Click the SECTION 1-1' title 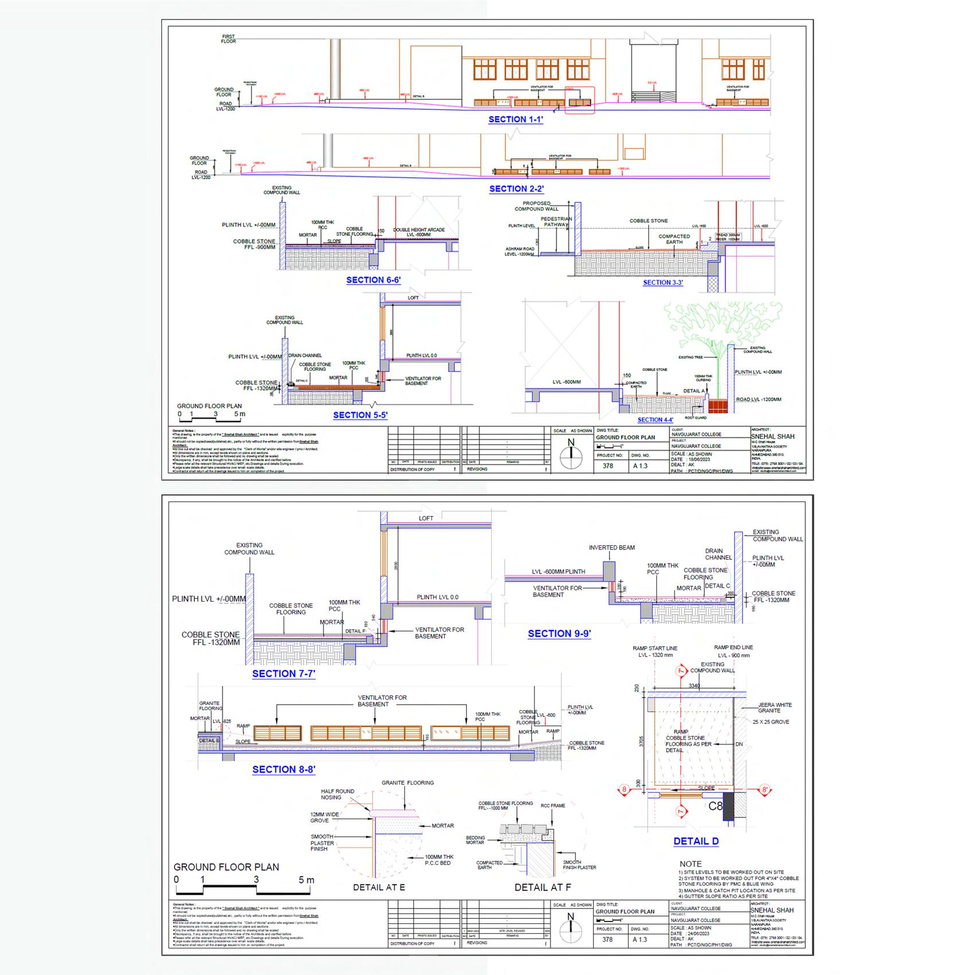click(x=516, y=120)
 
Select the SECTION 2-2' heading click(x=516, y=189)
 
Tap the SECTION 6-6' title click(x=373, y=280)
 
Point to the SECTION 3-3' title click(x=662, y=283)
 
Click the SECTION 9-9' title click(x=559, y=634)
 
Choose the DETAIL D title click(x=696, y=841)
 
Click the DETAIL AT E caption click(x=379, y=887)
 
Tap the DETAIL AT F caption click(x=543, y=887)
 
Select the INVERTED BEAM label click(x=611, y=548)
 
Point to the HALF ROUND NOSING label click(x=337, y=794)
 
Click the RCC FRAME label click(x=552, y=806)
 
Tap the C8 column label click(x=715, y=806)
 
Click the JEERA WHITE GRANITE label click(x=774, y=708)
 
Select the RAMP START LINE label click(x=654, y=648)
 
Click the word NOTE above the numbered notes click(x=691, y=864)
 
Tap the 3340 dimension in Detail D click(x=694, y=685)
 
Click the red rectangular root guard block click(x=718, y=406)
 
